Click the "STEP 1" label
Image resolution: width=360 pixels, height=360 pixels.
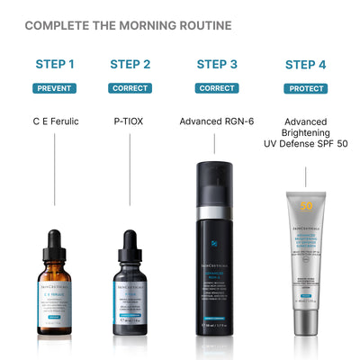click(x=54, y=64)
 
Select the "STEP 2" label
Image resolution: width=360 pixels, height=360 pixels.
click(x=130, y=64)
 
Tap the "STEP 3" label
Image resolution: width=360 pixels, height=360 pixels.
click(x=216, y=64)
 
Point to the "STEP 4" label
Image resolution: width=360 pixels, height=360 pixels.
click(x=305, y=64)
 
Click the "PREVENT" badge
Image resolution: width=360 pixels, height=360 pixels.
click(x=54, y=88)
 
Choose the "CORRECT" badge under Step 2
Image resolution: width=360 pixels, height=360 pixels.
click(x=130, y=88)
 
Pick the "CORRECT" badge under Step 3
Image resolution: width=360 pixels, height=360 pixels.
click(x=216, y=88)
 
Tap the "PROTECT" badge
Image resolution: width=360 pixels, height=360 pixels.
click(x=305, y=88)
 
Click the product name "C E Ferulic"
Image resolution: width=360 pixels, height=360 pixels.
click(x=54, y=120)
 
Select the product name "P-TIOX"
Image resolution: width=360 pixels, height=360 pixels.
click(x=130, y=120)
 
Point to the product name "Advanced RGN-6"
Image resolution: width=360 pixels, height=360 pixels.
click(x=216, y=120)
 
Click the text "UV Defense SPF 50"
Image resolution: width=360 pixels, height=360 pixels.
click(x=305, y=144)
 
